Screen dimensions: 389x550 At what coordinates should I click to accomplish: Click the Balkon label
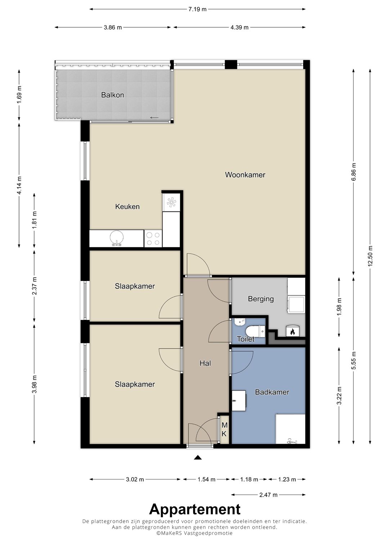(112, 95)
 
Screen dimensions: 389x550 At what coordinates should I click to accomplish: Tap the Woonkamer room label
(245, 175)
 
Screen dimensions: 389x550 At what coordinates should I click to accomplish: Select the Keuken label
(128, 206)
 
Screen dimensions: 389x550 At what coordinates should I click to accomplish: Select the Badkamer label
(272, 392)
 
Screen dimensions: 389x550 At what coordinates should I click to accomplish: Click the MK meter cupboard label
(224, 429)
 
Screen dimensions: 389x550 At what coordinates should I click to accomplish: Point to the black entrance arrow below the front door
(198, 457)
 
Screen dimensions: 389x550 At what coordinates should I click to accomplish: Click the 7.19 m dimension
(197, 9)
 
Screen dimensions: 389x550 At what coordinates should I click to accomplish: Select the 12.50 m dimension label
(370, 256)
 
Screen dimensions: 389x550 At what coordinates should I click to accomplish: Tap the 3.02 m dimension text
(135, 479)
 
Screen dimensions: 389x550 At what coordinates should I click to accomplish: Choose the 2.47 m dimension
(268, 495)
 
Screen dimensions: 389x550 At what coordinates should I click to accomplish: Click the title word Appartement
(195, 509)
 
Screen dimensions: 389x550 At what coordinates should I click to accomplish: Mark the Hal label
(205, 363)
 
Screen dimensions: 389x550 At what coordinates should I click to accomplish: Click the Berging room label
(261, 299)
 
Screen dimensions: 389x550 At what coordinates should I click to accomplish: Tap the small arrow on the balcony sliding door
(155, 118)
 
